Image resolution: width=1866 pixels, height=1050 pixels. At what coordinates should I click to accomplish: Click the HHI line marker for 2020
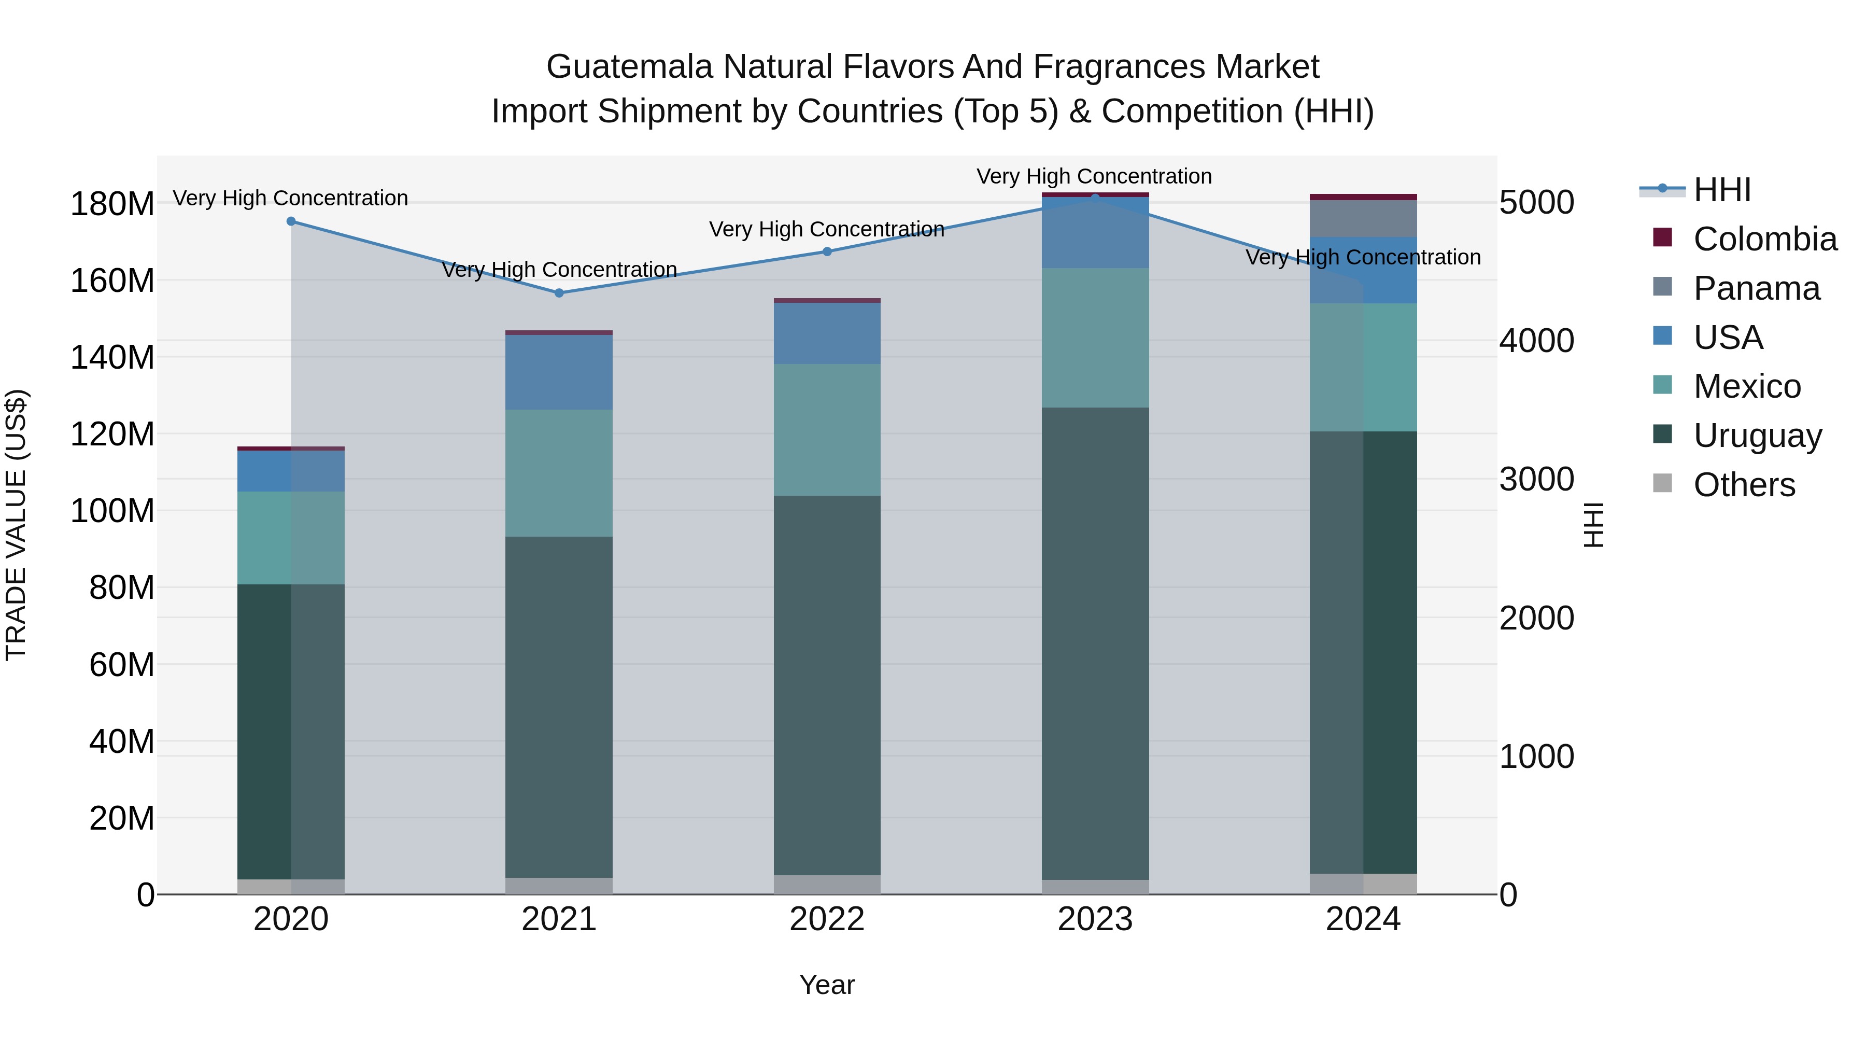coord(291,221)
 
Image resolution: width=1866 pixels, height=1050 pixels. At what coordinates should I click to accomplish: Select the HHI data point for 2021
coord(558,293)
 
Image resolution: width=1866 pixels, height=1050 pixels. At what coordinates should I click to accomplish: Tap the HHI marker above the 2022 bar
coord(827,251)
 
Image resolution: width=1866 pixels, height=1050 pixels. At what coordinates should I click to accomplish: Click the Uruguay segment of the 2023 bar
coord(1095,645)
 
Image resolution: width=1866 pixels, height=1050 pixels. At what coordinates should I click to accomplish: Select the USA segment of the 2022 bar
coord(827,333)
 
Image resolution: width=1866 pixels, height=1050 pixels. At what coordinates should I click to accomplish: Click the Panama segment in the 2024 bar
coord(1363,218)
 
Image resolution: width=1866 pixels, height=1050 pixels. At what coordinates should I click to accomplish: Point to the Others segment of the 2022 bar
coord(827,885)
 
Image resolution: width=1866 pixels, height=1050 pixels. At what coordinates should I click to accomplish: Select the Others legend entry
coord(1744,485)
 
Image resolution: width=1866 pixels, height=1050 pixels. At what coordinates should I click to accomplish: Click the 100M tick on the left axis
coord(112,511)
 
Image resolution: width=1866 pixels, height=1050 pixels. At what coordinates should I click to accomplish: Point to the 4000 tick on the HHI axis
coord(1536,341)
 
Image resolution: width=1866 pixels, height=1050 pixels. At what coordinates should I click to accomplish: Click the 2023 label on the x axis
coord(1095,919)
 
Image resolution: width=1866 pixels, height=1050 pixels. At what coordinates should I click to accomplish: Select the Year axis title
coord(827,985)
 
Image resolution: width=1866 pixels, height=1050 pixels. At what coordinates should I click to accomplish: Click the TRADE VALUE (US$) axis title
coord(16,525)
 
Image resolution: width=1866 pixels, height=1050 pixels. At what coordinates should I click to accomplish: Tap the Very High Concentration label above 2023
coord(1094,176)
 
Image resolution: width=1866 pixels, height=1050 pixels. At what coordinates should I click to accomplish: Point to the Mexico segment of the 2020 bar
coord(291,538)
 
